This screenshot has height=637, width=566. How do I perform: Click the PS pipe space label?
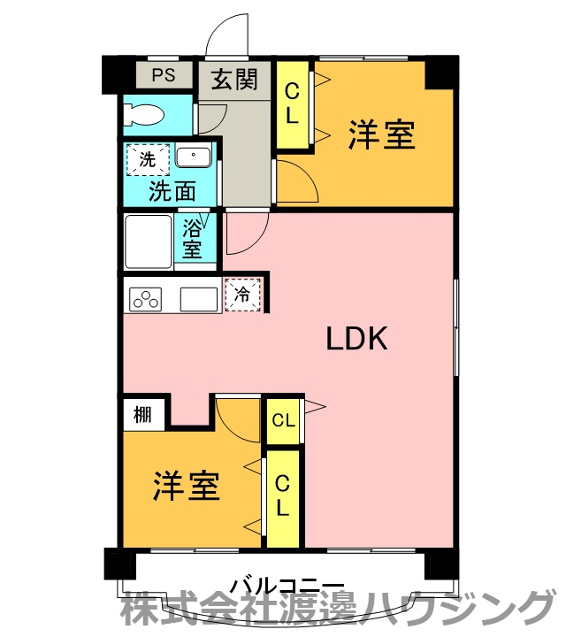pyautogui.click(x=164, y=74)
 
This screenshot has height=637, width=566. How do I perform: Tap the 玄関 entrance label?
pyautogui.click(x=234, y=79)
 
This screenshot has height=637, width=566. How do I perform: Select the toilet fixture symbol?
pyautogui.click(x=144, y=114)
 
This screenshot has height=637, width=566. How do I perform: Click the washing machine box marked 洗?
pyautogui.click(x=148, y=159)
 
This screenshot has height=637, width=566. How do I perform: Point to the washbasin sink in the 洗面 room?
pyautogui.click(x=194, y=157)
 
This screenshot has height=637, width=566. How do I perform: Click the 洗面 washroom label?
pyautogui.click(x=172, y=191)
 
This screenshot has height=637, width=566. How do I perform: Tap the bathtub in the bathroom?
pyautogui.click(x=149, y=242)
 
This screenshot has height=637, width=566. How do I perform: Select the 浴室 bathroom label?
pyautogui.click(x=192, y=239)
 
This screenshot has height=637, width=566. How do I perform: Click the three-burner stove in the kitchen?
pyautogui.click(x=145, y=299)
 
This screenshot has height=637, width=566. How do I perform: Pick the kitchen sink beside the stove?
pyautogui.click(x=199, y=299)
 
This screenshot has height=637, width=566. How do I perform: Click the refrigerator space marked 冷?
pyautogui.click(x=242, y=295)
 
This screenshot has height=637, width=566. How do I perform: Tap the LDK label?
pyautogui.click(x=357, y=338)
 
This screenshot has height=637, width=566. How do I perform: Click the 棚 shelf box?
pyautogui.click(x=144, y=415)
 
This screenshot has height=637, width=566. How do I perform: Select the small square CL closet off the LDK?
pyautogui.click(x=283, y=421)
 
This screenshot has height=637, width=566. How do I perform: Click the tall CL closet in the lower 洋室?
pyautogui.click(x=283, y=498)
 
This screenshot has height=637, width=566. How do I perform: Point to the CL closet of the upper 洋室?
pyautogui.click(x=293, y=104)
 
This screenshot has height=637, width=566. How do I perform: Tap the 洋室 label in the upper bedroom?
pyautogui.click(x=381, y=134)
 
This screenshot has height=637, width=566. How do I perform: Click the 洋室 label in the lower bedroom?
pyautogui.click(x=187, y=486)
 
